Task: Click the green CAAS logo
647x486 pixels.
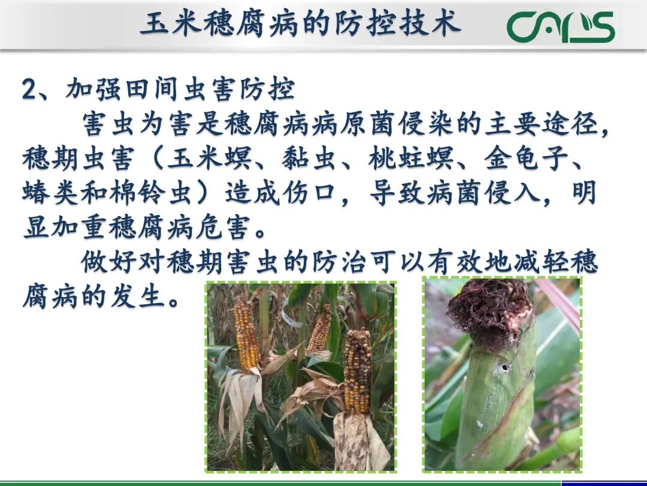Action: [560, 27]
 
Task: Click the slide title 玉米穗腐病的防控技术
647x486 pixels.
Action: [301, 25]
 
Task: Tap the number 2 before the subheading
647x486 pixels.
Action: [29, 90]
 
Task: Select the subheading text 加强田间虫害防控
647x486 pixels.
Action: [180, 90]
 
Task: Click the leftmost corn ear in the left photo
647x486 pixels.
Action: [246, 333]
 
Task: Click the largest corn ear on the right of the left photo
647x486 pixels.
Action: [357, 372]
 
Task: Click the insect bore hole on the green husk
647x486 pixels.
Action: [506, 367]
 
